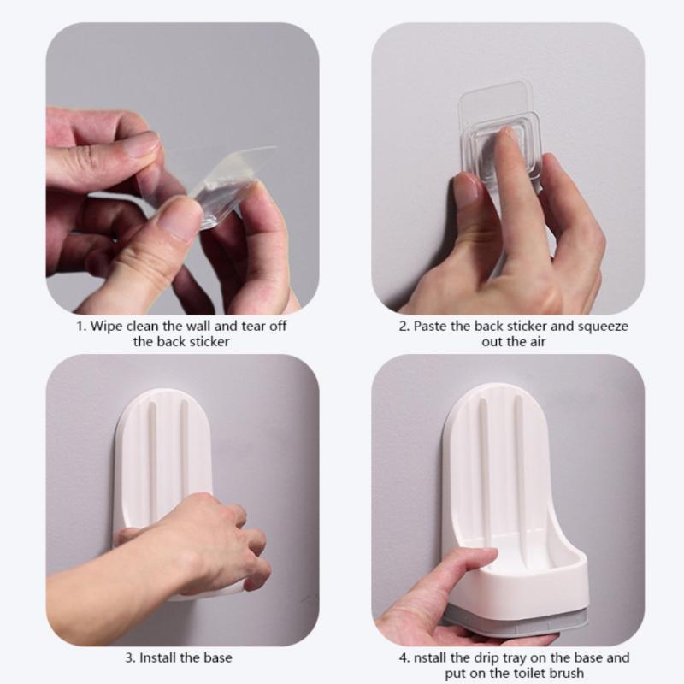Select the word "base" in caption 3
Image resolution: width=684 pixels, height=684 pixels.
click(217, 658)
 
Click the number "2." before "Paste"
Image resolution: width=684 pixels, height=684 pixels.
click(404, 327)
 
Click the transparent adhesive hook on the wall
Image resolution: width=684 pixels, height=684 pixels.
click(500, 141)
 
